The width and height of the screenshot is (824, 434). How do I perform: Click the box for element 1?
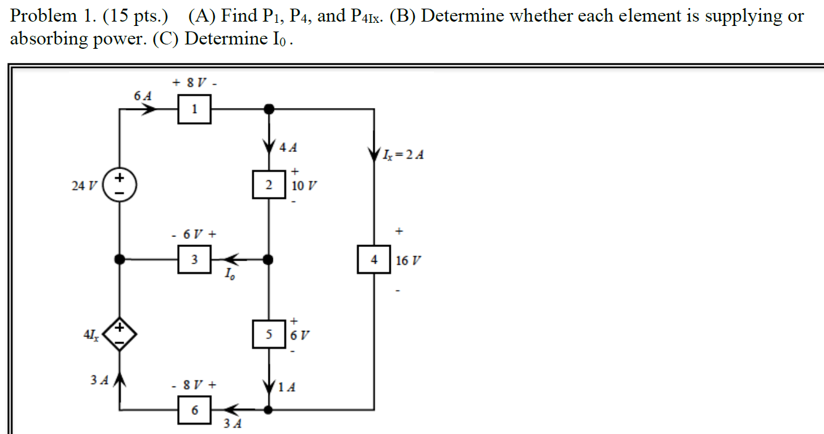pyautogui.click(x=194, y=110)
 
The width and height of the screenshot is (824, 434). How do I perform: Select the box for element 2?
pyautogui.click(x=268, y=185)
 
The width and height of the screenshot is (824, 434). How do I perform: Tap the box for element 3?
pyautogui.click(x=194, y=260)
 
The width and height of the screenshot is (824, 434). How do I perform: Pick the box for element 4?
pyautogui.click(x=373, y=260)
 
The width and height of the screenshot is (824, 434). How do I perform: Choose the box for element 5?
pyautogui.click(x=268, y=335)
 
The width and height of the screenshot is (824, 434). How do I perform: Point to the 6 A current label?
pyautogui.click(x=142, y=96)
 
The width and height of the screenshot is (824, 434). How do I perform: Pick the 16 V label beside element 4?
pyautogui.click(x=408, y=261)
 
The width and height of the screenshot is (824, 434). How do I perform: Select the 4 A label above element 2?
pyautogui.click(x=288, y=148)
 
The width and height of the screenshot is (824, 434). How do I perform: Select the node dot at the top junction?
pyautogui.click(x=268, y=109)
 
